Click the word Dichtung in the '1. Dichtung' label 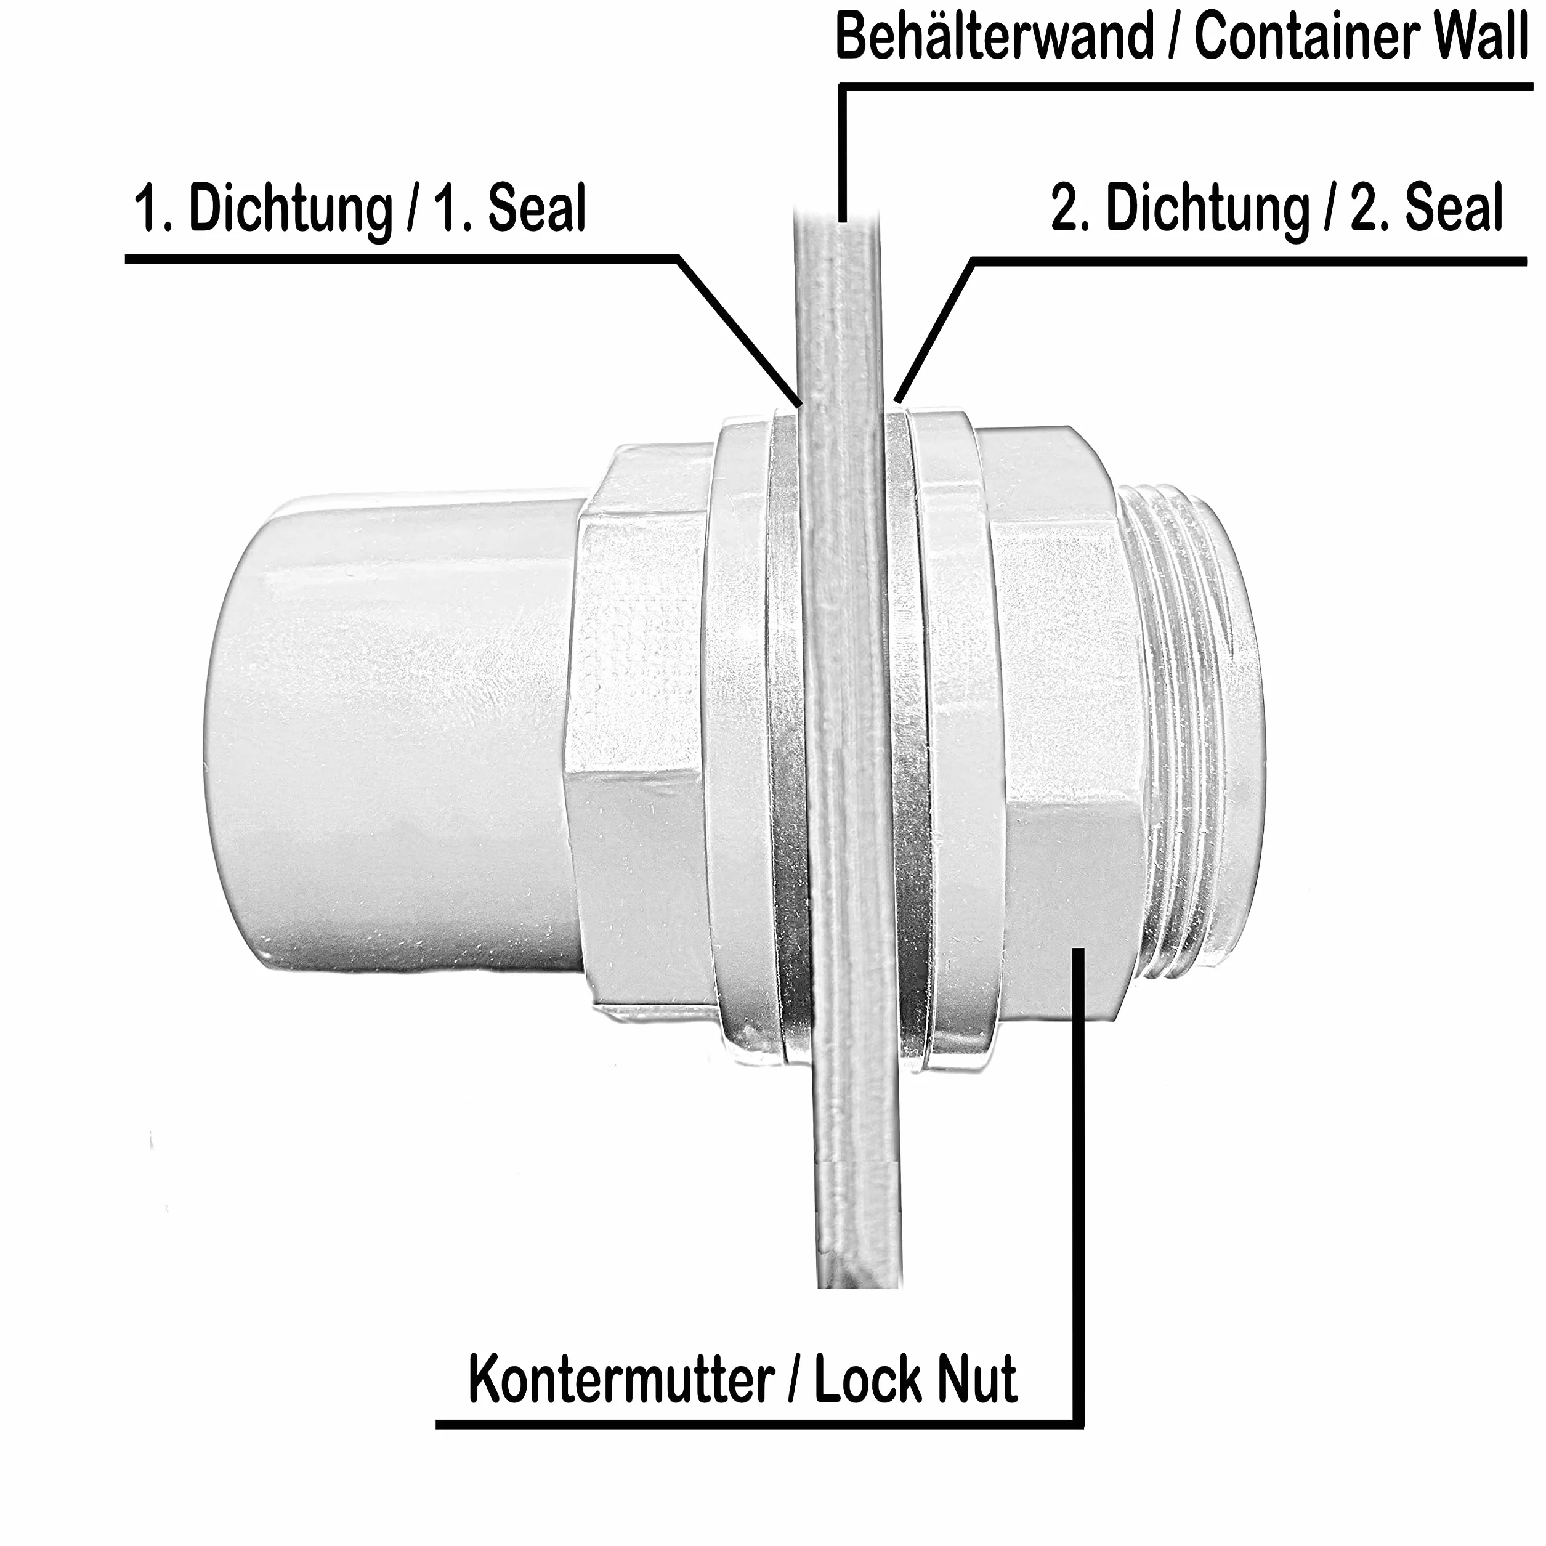291,209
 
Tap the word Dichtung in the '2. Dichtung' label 1208,209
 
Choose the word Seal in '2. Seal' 1455,209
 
